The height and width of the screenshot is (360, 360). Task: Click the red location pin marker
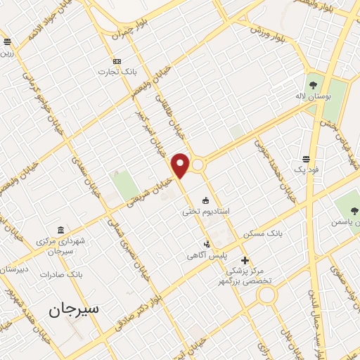181,165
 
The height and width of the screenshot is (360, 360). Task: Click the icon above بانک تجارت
117,60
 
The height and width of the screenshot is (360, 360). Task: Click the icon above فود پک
307,159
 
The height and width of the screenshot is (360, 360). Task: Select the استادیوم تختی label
202,210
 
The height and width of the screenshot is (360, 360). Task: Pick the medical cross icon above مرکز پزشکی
245,260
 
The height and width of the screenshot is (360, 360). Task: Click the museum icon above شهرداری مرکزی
60,231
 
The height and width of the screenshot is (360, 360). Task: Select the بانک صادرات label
62,274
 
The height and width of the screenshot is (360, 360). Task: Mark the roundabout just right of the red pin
198,165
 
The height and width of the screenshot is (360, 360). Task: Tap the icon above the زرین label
7,42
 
